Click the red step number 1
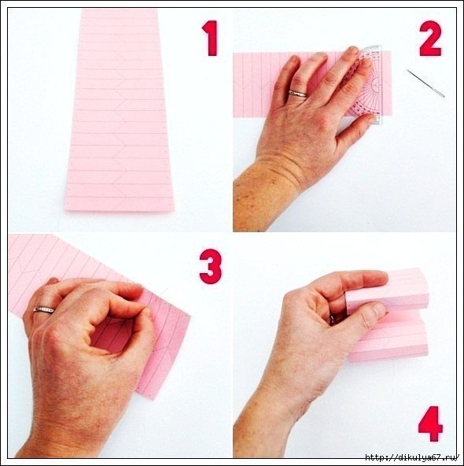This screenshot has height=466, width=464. pyautogui.click(x=211, y=38)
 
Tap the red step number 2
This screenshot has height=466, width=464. pyautogui.click(x=430, y=39)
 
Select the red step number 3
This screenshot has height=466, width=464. pyautogui.click(x=211, y=267)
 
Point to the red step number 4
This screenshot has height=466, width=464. pyautogui.click(x=430, y=423)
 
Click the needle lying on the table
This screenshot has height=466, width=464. pyautogui.click(x=425, y=83)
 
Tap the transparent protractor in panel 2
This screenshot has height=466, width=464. pyautogui.click(x=367, y=85)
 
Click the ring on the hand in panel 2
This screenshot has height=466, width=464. pyautogui.click(x=298, y=94)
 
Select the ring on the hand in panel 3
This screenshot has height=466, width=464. pyautogui.click(x=43, y=309)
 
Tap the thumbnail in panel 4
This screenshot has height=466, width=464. pyautogui.click(x=380, y=310)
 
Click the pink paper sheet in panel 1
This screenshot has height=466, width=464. pyautogui.click(x=119, y=110)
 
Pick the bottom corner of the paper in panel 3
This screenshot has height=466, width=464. pyautogui.click(x=153, y=399)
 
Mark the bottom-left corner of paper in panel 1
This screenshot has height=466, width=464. pyautogui.click(x=65, y=210)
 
